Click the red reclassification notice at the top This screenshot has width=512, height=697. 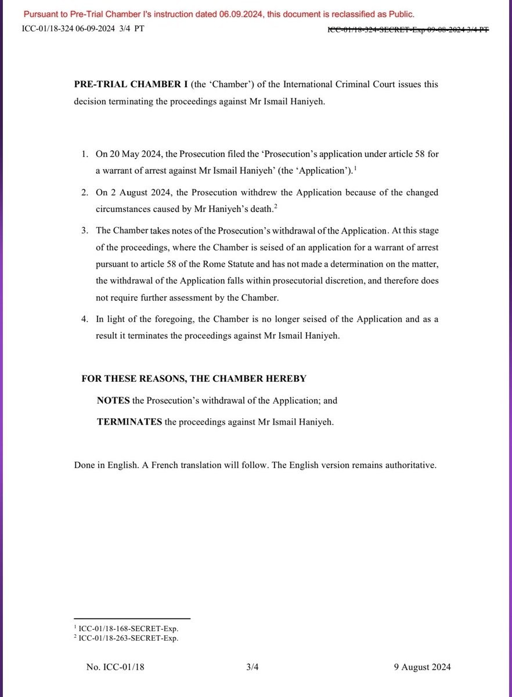tap(219, 14)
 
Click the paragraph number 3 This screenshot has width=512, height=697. tap(84, 231)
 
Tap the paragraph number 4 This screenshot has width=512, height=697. tap(84, 319)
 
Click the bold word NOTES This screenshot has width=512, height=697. tap(113, 401)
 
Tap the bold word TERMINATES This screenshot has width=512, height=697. tap(129, 422)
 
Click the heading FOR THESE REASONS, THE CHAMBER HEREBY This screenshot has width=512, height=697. tap(194, 379)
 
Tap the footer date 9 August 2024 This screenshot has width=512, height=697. tap(421, 667)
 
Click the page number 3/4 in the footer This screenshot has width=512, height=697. tap(253, 667)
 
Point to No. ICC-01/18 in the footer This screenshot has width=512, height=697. tap(116, 667)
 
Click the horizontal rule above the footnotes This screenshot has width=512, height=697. tap(132, 619)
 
